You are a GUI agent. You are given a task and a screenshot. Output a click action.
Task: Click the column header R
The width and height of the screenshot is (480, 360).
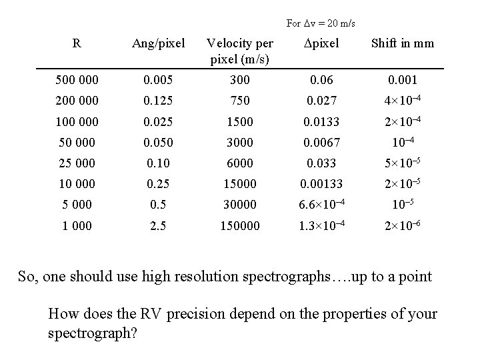pos(77,44)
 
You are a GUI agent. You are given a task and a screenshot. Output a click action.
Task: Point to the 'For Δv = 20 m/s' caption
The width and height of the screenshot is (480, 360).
pos(321,23)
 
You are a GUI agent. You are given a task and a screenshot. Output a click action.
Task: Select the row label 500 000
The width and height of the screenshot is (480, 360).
pos(77,81)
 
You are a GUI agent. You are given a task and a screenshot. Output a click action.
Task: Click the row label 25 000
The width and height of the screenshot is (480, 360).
pos(77,163)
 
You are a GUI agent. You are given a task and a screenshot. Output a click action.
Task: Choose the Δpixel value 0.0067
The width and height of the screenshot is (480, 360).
pos(321,143)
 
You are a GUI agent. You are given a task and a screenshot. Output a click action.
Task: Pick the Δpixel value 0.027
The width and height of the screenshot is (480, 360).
pos(321,101)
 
